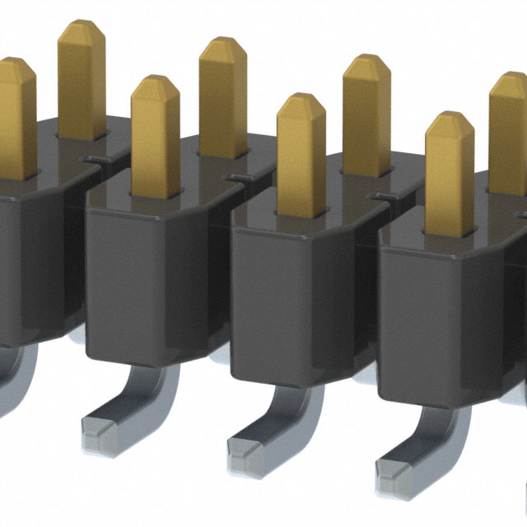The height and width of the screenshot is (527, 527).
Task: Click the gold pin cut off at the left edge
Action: [15, 115]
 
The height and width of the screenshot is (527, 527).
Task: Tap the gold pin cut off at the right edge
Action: [508, 132]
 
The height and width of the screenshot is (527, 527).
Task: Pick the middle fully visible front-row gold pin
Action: [301, 152]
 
